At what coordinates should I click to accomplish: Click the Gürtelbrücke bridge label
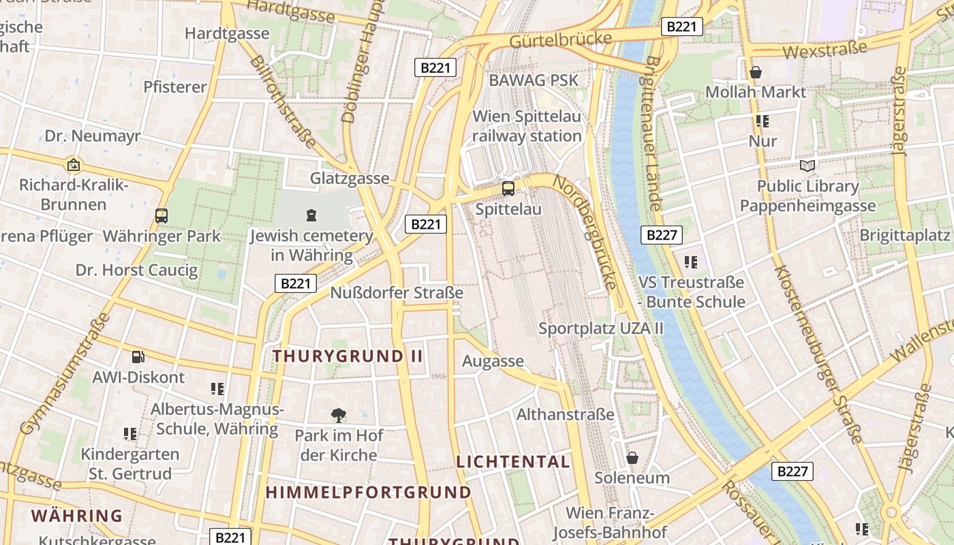pos(560,40)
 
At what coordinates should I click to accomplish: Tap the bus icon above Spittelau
pos(508,189)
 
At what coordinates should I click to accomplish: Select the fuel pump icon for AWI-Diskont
pos(138,356)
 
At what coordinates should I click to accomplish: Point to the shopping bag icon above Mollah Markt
pos(755,72)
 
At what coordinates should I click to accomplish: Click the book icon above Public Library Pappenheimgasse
pos(807,166)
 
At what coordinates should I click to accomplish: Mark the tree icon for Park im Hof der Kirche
pos(338,414)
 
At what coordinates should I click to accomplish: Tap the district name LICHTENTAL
pos(512,461)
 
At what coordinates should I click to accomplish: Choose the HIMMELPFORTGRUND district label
pos(368,492)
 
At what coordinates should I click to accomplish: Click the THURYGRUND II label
pos(348,356)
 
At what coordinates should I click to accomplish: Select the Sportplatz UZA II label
pos(601,328)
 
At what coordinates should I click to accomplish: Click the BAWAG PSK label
pos(534,80)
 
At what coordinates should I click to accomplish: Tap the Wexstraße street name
pos(825,50)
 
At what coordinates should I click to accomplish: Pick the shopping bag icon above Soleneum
pos(632,457)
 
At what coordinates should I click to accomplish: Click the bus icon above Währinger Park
pos(161,216)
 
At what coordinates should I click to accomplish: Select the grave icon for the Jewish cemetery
pos(311,215)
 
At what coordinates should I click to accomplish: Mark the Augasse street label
pos(493,361)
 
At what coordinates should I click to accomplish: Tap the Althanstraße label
pos(566,414)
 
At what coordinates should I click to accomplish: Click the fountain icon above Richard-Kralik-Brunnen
pos(73,165)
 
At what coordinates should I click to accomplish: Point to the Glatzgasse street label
pos(350,178)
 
